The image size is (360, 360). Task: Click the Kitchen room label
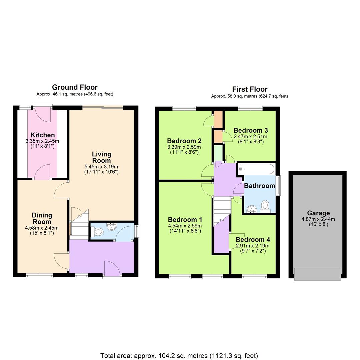[43, 135]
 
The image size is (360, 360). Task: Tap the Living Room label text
[102, 157]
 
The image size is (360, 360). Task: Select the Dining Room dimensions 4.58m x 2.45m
[42, 228]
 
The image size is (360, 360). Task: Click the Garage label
[318, 213]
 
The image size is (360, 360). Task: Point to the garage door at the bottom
[318, 274]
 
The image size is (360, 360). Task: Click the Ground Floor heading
[75, 87]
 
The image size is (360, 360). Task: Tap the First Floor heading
[250, 89]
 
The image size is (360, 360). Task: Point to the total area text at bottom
[179, 356]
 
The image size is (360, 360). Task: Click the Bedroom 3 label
[251, 130]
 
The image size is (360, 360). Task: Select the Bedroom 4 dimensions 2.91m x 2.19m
[253, 246]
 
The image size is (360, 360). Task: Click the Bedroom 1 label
[185, 220]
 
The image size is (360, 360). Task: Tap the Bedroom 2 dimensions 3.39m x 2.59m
[184, 147]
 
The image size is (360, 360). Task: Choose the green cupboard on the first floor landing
[218, 153]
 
